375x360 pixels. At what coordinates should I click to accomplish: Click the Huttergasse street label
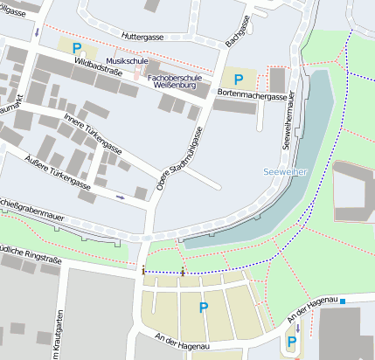click(145, 38)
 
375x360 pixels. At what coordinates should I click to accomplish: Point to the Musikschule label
click(121, 61)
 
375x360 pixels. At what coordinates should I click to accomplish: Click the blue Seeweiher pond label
click(287, 172)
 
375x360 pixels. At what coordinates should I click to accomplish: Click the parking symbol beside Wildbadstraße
click(77, 48)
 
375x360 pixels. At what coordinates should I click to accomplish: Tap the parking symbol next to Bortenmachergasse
click(239, 79)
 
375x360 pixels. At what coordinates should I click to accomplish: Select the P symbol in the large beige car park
click(204, 307)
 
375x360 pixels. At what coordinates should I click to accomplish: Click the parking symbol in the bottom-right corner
click(291, 343)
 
